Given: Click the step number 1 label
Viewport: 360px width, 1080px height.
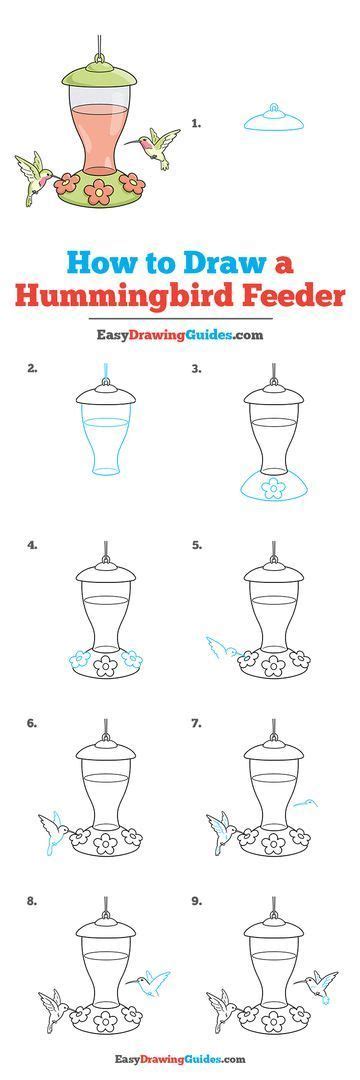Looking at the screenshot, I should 197,124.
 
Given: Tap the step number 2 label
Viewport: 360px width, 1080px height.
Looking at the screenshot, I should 33,368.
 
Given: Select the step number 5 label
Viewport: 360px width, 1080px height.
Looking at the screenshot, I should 197,546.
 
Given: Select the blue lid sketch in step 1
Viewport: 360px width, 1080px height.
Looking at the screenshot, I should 273,119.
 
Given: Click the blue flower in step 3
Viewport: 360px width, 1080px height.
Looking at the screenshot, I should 272,488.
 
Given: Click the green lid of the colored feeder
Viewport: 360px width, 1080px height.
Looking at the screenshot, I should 100,73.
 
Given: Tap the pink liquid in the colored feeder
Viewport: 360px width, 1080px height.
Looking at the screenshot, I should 100,135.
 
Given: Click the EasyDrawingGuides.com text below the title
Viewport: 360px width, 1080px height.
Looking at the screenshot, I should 180,335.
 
